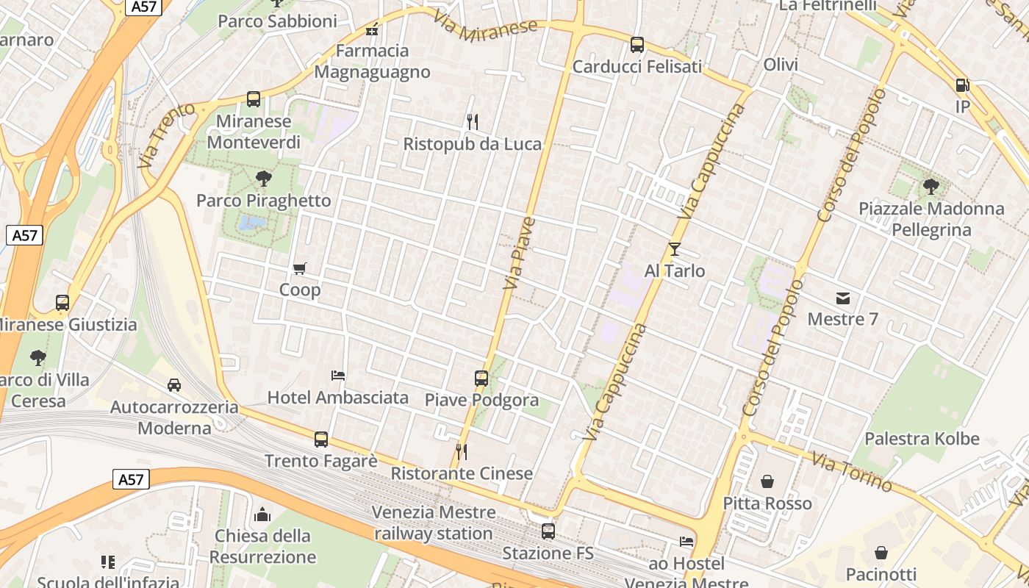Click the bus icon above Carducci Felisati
[x=637, y=45]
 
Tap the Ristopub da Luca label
[x=472, y=144]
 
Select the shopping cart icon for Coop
[x=299, y=268]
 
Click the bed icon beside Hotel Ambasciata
[x=338, y=376]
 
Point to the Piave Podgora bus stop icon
[x=481, y=379]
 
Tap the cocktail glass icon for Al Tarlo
[x=675, y=249]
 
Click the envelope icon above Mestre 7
[x=842, y=298]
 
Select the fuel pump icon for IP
[x=962, y=85]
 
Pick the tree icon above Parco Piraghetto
[x=263, y=178]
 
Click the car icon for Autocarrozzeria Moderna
[x=174, y=384]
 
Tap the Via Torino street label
[x=852, y=472]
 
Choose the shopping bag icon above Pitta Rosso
[x=767, y=481]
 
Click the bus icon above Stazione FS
[x=548, y=531]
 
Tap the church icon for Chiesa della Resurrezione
[x=262, y=514]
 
